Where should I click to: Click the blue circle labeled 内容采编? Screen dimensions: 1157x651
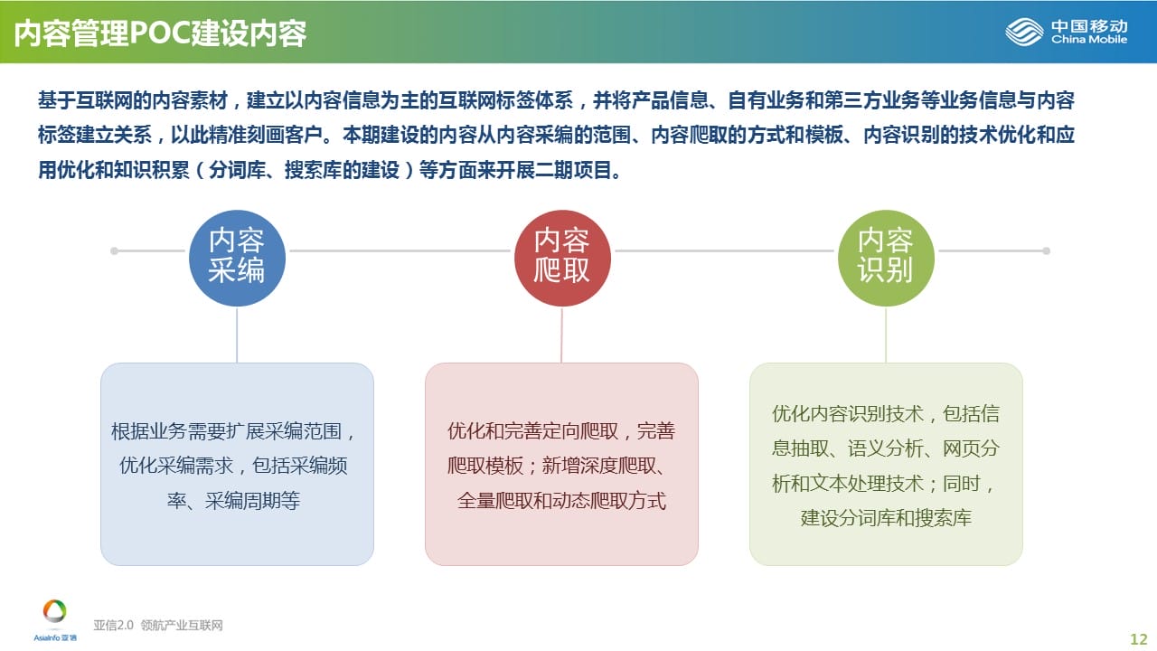pos(237,258)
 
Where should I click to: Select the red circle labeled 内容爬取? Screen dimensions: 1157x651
pos(562,258)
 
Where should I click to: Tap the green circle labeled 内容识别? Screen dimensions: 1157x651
pos(886,258)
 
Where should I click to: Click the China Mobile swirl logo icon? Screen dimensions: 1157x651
pos(1024,32)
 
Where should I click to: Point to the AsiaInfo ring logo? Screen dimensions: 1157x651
pos(55,611)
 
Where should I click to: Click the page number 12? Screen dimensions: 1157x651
pos(1138,639)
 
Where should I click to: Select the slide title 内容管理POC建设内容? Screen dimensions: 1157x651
pos(160,33)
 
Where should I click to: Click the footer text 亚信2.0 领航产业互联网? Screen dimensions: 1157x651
pos(158,625)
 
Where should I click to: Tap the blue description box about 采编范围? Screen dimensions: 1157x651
pos(237,464)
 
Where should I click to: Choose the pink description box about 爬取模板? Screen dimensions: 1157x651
pos(561,464)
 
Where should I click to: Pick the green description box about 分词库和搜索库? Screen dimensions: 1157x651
pos(886,464)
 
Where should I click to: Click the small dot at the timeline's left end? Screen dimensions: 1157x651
pos(114,251)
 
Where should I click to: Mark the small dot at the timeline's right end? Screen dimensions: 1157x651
pos(1047,251)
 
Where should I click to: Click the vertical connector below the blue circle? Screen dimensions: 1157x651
pos(237,335)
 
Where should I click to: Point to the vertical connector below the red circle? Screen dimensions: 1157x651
pos(561,335)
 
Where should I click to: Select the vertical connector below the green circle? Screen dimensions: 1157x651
pos(886,335)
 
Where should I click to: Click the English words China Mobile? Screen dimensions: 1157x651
pos(1089,39)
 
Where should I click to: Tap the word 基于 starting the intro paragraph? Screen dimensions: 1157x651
pos(56,100)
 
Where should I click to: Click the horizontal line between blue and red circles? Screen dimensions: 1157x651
pos(400,251)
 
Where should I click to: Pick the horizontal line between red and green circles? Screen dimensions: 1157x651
pos(724,251)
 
